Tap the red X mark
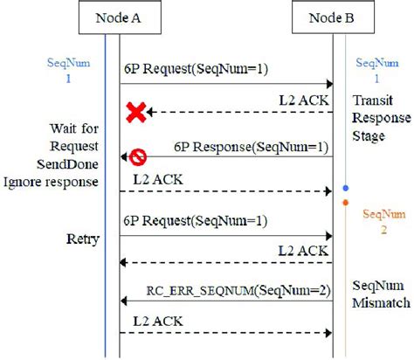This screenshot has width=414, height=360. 135,111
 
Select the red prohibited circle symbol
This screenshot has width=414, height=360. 138,157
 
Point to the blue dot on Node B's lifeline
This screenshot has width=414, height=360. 347,188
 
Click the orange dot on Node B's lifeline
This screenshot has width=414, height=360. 347,204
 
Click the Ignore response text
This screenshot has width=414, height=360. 53,181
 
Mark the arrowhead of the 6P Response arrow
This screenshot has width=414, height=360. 124,157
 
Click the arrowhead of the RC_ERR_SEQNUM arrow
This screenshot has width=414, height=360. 124,301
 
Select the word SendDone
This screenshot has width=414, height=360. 69,164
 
